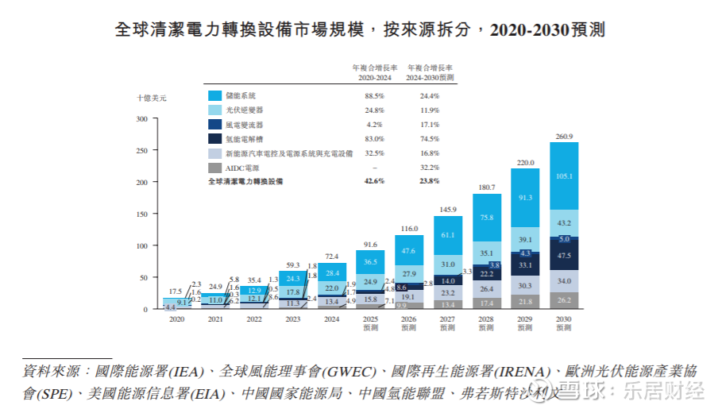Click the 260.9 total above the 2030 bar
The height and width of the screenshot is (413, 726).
563,137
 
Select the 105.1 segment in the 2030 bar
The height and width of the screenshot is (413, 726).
563,176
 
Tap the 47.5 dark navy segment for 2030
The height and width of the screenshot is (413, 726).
563,256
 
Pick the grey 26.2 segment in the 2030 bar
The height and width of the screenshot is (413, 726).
563,300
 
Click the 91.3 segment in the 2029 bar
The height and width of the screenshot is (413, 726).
525,198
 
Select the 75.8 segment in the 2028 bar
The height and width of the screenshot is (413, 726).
486,217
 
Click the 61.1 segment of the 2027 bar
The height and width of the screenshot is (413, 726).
448,236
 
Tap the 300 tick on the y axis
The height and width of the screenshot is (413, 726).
143,119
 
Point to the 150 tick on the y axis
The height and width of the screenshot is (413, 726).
143,214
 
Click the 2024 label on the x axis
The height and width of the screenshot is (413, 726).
332,318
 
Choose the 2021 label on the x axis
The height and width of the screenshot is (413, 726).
215,318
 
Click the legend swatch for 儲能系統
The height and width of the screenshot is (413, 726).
214,96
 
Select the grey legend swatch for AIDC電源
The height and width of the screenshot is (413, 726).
214,168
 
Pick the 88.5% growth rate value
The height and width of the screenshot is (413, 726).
374,96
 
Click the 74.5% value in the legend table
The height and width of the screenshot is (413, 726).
430,139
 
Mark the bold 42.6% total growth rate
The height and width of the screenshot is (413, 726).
374,181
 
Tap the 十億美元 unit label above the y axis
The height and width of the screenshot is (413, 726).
152,98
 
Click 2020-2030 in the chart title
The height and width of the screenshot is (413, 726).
528,30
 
